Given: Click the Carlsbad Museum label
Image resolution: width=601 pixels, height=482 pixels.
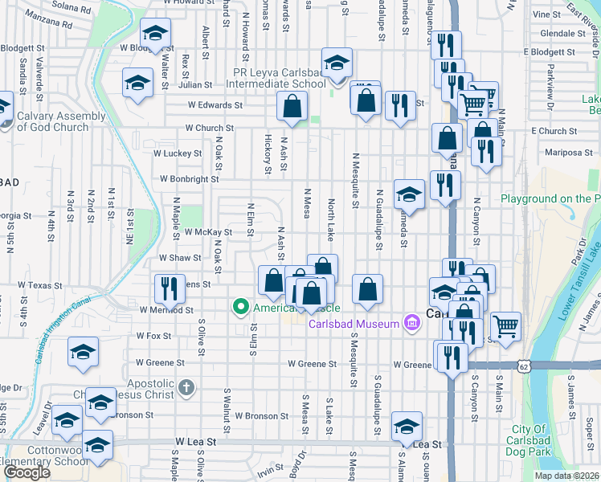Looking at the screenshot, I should coord(354,324).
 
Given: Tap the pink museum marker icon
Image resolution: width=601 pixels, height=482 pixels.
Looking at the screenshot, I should coord(411,323).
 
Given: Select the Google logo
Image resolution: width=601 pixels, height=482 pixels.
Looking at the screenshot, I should coord(27,472).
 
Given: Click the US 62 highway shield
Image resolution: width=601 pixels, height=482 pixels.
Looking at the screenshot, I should coord(524,366).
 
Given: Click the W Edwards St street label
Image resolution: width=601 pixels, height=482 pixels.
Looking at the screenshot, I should coord(215,104).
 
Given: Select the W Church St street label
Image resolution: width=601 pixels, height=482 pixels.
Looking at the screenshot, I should coord(209,127).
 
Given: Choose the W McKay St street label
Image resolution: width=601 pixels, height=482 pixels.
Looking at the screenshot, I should coord(206,232).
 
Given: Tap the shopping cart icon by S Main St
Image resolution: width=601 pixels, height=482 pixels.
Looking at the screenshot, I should coord(505,326).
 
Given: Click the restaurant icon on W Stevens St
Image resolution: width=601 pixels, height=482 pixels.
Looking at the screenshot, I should coord(169,286).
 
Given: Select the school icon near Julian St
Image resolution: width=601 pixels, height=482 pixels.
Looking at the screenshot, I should coord(138,82).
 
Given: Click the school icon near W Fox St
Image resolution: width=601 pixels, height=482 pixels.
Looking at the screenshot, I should coord(83,353).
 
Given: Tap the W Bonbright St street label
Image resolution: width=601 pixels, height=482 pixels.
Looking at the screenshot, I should coord(190,179).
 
